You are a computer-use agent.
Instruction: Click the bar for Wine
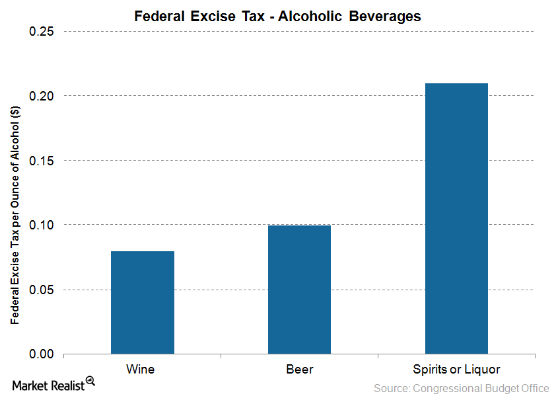click(x=142, y=302)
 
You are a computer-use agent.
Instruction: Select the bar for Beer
click(x=299, y=290)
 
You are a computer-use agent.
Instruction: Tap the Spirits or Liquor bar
click(x=456, y=218)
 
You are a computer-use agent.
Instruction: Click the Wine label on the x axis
click(x=141, y=369)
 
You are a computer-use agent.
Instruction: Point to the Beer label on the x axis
click(x=299, y=369)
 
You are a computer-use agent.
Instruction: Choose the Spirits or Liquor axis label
click(x=456, y=369)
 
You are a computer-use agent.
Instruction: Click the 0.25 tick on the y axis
click(x=41, y=32)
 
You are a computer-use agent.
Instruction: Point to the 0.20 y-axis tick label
click(x=41, y=96)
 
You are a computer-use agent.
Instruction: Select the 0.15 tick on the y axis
click(x=41, y=161)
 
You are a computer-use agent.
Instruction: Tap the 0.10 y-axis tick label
click(x=41, y=225)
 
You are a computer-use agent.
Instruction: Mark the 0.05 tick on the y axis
click(x=41, y=290)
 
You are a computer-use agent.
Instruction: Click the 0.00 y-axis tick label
click(x=41, y=354)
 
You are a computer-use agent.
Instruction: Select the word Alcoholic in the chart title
click(x=310, y=17)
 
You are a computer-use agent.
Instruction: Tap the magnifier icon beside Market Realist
click(x=90, y=381)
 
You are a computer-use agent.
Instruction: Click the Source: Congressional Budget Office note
click(x=461, y=388)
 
